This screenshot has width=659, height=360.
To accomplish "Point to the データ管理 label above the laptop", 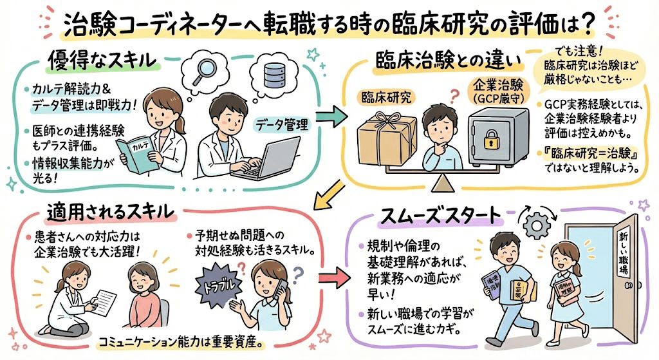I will tap(281, 123).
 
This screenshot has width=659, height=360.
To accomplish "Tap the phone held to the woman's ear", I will tap(281, 287).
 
